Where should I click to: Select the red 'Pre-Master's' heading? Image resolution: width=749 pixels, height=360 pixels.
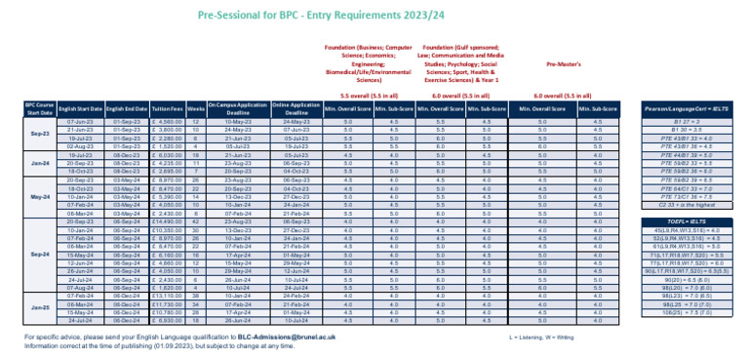[x=564, y=63]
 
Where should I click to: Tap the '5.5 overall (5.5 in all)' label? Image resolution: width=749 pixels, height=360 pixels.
[x=368, y=96]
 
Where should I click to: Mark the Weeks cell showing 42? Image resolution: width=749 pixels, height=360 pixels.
[x=195, y=221]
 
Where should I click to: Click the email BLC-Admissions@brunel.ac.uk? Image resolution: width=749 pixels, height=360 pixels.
[x=291, y=335]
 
